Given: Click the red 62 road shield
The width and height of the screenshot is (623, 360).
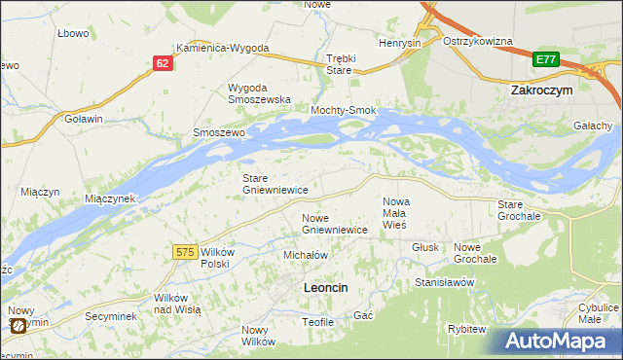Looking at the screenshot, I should (163, 62).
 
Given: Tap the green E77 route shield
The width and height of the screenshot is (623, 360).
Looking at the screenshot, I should (546, 60).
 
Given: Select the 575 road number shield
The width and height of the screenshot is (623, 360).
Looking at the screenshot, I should (186, 252).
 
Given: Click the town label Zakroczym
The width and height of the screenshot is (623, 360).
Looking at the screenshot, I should (541, 89).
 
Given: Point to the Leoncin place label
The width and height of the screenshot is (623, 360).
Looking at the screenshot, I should (326, 288).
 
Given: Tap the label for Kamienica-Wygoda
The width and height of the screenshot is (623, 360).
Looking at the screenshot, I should (222, 48).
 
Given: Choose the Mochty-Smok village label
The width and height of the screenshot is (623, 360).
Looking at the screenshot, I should (343, 111).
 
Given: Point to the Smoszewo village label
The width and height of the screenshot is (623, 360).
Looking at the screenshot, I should (218, 132).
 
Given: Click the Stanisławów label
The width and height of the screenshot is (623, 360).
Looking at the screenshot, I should (444, 281).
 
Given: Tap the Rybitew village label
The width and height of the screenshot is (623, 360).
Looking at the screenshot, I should (466, 329).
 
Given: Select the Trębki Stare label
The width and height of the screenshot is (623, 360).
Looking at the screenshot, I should (339, 63).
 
